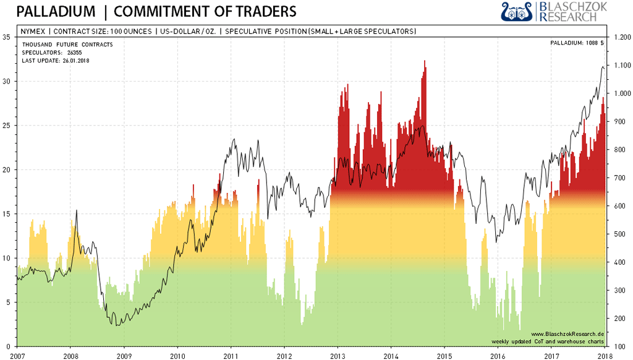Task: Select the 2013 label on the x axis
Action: coord(338,356)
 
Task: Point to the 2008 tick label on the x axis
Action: coord(70,356)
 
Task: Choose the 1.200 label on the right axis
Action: coord(620,37)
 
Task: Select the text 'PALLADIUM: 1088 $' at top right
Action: coord(576,43)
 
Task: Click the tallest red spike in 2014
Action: coord(425,62)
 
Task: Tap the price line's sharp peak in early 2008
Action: coord(77,211)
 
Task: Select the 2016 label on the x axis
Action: coord(498,356)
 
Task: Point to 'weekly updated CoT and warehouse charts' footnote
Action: coord(548,341)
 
